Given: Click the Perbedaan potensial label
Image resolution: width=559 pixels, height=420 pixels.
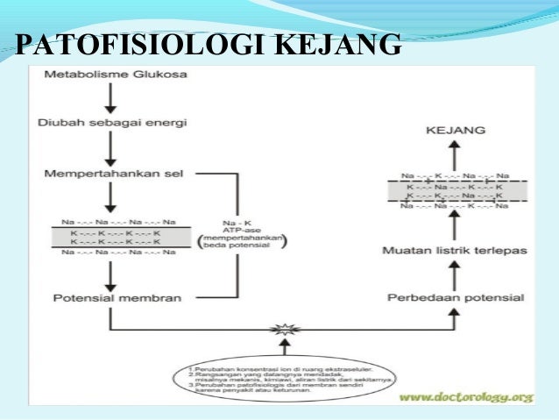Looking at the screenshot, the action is [x=456, y=298].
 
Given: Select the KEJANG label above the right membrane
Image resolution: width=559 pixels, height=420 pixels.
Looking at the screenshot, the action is [x=455, y=130].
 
